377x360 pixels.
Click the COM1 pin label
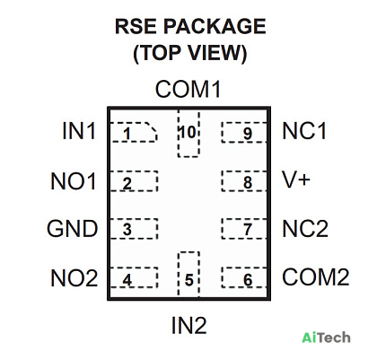[x=188, y=89]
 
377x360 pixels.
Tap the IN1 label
[x=79, y=131]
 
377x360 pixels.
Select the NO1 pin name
[x=74, y=181]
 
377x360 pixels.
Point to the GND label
[x=73, y=229]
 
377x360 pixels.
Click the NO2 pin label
[x=75, y=278]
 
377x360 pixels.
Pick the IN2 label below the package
[x=188, y=325]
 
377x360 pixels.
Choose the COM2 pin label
[x=316, y=277]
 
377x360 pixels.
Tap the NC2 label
[x=305, y=229]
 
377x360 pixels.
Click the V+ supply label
[x=296, y=180]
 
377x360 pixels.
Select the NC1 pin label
[x=304, y=131]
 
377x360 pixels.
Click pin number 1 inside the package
[x=127, y=134]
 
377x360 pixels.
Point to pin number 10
[x=188, y=132]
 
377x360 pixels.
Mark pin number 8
[x=248, y=182]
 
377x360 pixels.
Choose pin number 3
[x=127, y=230]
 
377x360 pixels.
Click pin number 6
[x=248, y=280]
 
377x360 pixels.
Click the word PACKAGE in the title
[x=215, y=26]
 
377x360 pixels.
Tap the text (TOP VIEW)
[x=190, y=53]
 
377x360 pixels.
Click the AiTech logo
[x=326, y=338]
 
